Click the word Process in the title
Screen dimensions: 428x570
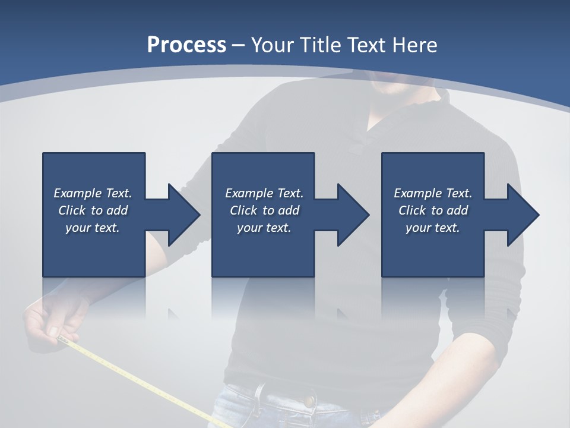pos(186,45)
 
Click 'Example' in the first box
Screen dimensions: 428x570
pos(78,193)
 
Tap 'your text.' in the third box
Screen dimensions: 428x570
pos(433,228)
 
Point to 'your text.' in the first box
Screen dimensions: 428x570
pos(93,228)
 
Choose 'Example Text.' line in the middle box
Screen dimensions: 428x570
pos(264,193)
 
